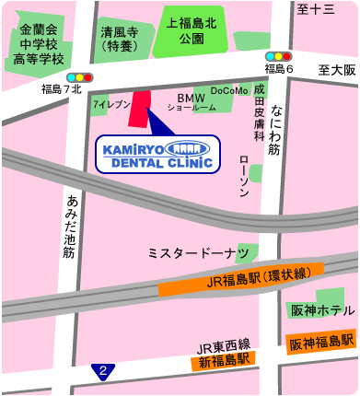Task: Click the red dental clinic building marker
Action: (141, 111)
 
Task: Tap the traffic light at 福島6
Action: (279, 56)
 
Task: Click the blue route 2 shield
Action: (104, 371)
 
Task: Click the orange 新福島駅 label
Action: (225, 361)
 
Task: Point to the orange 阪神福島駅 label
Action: (320, 343)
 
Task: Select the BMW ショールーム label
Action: (192, 102)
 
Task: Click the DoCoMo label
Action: (229, 91)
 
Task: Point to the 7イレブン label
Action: (110, 106)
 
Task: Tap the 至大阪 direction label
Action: (337, 70)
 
